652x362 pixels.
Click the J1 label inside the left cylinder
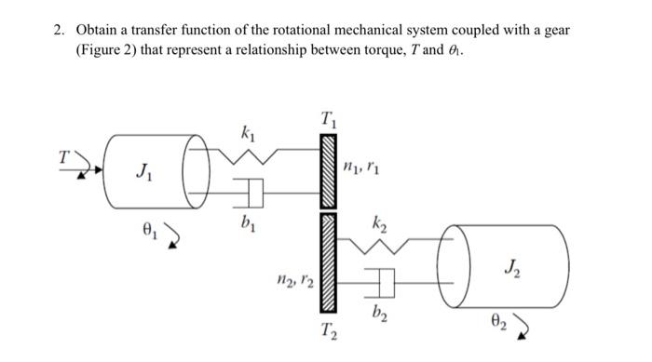pyautogui.click(x=141, y=172)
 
